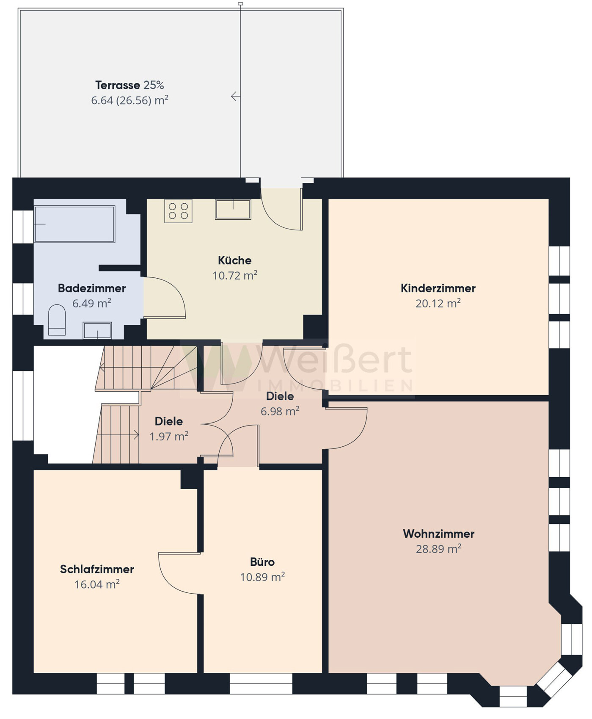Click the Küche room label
coord(234,260)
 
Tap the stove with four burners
coord(178,211)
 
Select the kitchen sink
coord(233,209)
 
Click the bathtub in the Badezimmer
coord(74,224)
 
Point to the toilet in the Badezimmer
coord(57,320)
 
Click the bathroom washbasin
coord(97,330)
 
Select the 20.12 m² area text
coord(438,303)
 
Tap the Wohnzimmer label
coord(438,534)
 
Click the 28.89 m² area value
coord(438,549)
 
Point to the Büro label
coord(262,562)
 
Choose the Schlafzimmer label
coord(97,569)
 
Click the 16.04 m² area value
coord(97,584)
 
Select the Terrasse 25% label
coord(129,85)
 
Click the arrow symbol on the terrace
coord(236,96)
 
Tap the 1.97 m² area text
coord(169,436)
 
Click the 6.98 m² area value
coord(280,411)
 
